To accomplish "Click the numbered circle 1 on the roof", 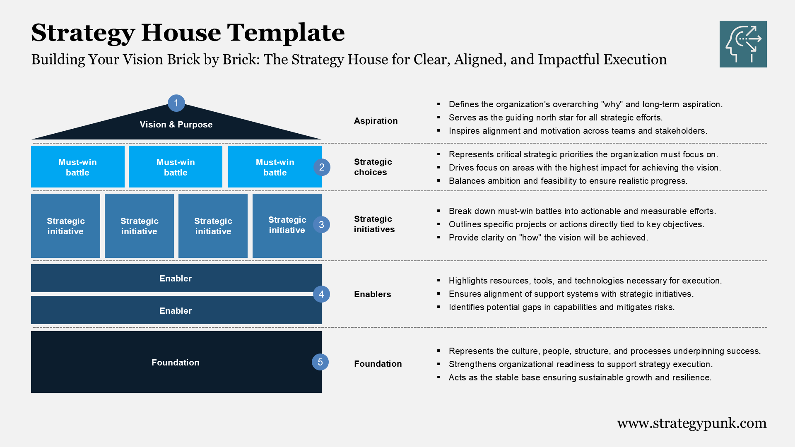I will pyautogui.click(x=176, y=103).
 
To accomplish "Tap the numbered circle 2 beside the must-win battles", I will pyautogui.click(x=322, y=167).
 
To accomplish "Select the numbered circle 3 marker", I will pyautogui.click(x=321, y=225).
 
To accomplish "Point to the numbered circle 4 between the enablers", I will pyautogui.click(x=321, y=294).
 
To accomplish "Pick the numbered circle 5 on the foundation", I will pyautogui.click(x=320, y=362).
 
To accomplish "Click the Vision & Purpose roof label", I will pyautogui.click(x=176, y=125).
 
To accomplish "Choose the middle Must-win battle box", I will pyautogui.click(x=176, y=167).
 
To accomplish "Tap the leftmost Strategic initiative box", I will pyautogui.click(x=65, y=226).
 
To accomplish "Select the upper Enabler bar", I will pyautogui.click(x=176, y=279).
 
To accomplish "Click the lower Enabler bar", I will pyautogui.click(x=176, y=310).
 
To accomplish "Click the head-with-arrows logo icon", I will pyautogui.click(x=743, y=44).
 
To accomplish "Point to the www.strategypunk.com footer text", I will pyautogui.click(x=691, y=423).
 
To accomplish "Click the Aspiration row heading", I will pyautogui.click(x=376, y=121).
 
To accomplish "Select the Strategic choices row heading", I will pyautogui.click(x=373, y=167).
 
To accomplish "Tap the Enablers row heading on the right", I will pyautogui.click(x=372, y=294).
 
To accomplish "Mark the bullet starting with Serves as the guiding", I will pyautogui.click(x=556, y=118).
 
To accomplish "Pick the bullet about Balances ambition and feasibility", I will pyautogui.click(x=568, y=181).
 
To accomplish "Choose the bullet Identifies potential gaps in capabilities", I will pyautogui.click(x=561, y=307).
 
